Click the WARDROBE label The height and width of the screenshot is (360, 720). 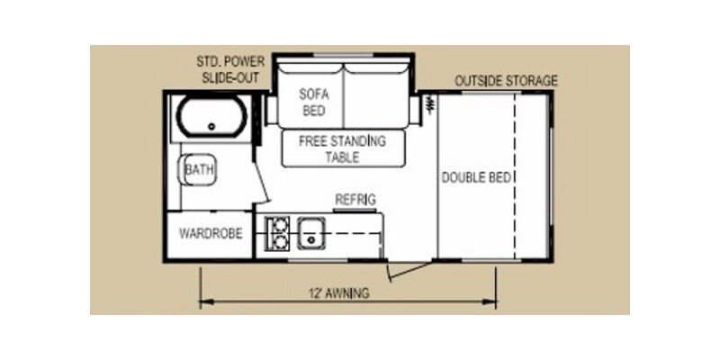click(210, 234)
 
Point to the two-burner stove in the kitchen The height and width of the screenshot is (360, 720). click(278, 232)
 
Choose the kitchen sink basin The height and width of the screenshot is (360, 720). click(311, 231)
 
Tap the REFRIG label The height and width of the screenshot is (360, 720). click(355, 199)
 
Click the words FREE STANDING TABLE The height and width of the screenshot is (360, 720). click(342, 149)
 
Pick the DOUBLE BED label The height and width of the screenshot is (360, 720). click(478, 177)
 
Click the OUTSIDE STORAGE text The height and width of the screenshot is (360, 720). click(506, 81)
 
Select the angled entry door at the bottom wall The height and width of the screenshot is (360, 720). click(405, 266)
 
